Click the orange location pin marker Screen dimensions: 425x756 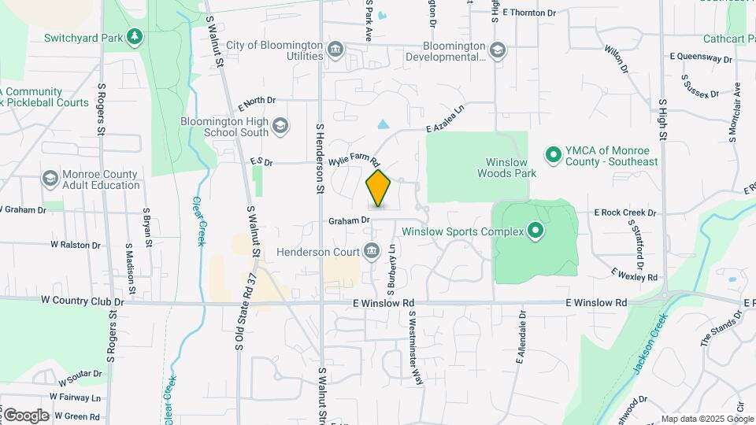(x=378, y=189)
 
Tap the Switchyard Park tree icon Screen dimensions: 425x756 (x=135, y=36)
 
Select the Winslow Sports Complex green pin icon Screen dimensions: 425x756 (x=536, y=231)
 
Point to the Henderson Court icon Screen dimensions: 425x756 (x=371, y=252)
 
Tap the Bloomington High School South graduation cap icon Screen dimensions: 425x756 (x=281, y=126)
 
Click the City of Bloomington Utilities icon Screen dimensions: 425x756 (x=336, y=50)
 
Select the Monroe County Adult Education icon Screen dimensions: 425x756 (x=50, y=179)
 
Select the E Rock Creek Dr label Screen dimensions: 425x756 (x=625, y=213)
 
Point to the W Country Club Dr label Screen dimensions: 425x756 (x=83, y=301)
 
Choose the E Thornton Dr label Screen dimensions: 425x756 (x=529, y=13)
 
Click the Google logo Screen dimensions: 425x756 (x=26, y=416)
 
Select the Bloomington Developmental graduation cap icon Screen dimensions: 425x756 (x=497, y=50)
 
